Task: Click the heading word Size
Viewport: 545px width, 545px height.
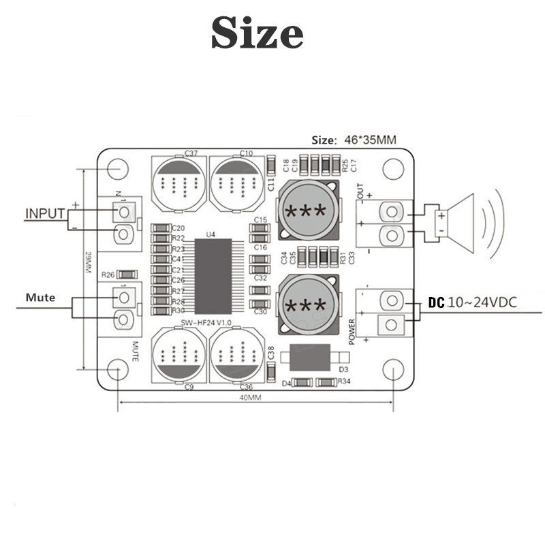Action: coord(257,33)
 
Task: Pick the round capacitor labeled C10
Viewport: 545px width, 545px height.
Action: coord(236,182)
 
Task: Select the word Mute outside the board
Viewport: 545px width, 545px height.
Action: coord(40,298)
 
